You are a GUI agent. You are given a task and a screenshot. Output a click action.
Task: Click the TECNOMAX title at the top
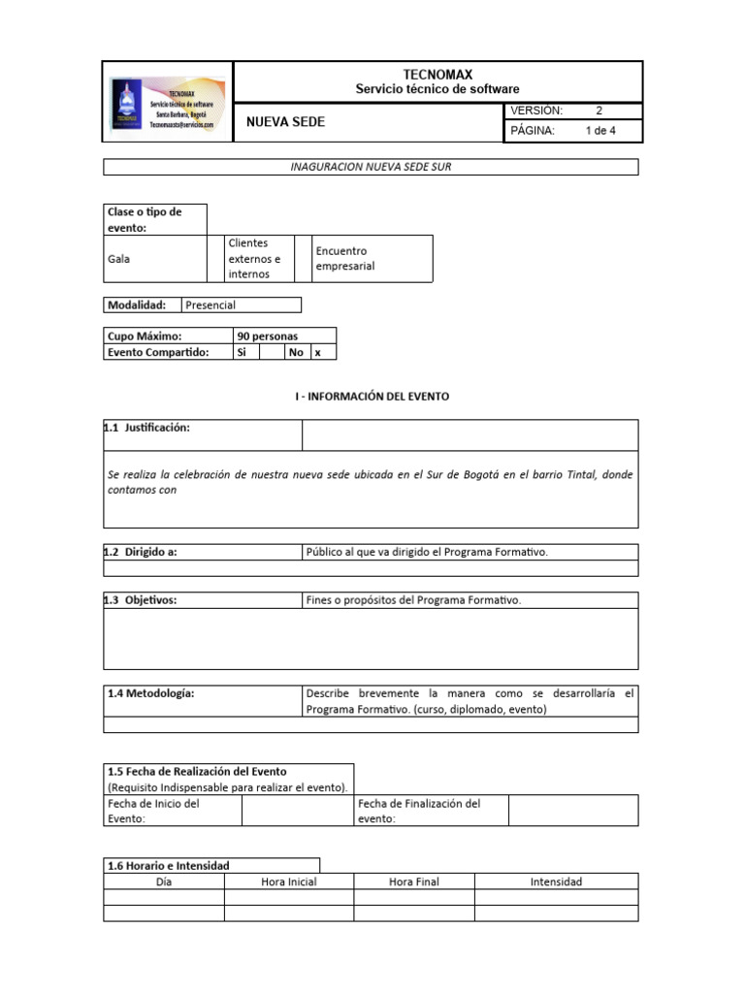click(437, 75)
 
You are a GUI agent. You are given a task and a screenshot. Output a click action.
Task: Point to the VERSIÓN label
click(536, 111)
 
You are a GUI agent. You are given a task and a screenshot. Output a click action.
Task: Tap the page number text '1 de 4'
click(600, 131)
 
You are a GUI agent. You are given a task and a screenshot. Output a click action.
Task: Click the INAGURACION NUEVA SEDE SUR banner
click(371, 167)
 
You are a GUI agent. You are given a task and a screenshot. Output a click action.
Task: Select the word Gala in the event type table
click(119, 259)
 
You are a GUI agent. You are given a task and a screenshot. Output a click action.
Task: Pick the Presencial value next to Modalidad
click(211, 304)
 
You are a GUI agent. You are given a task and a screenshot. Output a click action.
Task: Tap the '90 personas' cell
click(268, 336)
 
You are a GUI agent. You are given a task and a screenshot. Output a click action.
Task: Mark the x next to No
click(317, 353)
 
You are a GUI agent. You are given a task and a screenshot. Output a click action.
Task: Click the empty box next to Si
click(271, 353)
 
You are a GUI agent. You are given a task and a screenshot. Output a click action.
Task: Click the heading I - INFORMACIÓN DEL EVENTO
click(372, 397)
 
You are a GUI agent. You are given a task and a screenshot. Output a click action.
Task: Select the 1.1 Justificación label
click(147, 428)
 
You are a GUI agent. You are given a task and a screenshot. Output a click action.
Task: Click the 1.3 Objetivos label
click(142, 600)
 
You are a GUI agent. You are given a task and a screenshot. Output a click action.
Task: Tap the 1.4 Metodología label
click(151, 693)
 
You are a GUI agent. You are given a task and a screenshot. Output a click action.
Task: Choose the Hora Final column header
click(413, 881)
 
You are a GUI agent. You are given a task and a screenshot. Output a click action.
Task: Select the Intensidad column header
click(556, 881)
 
